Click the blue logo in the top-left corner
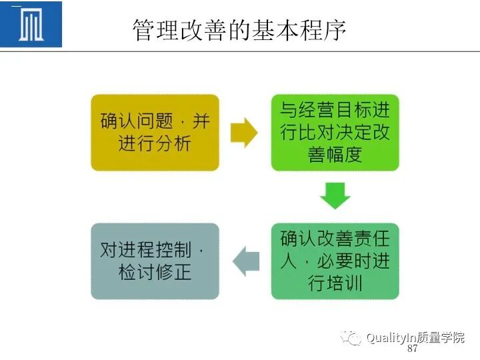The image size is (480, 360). [31, 25]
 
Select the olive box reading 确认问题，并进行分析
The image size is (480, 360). [155, 133]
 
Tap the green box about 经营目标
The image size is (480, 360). [335, 133]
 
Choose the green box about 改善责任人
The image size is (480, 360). [335, 261]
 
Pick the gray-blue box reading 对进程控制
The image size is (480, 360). [155, 261]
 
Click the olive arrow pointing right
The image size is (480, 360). [244, 133]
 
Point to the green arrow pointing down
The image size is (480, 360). [335, 196]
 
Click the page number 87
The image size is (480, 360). [412, 349]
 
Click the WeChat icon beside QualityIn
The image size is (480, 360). [351, 338]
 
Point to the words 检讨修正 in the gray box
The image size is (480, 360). [155, 272]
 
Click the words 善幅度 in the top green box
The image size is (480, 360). [335, 155]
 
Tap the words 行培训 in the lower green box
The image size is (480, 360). [335, 283]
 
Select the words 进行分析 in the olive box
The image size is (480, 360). [155, 144]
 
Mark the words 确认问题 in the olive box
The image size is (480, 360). [137, 122]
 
